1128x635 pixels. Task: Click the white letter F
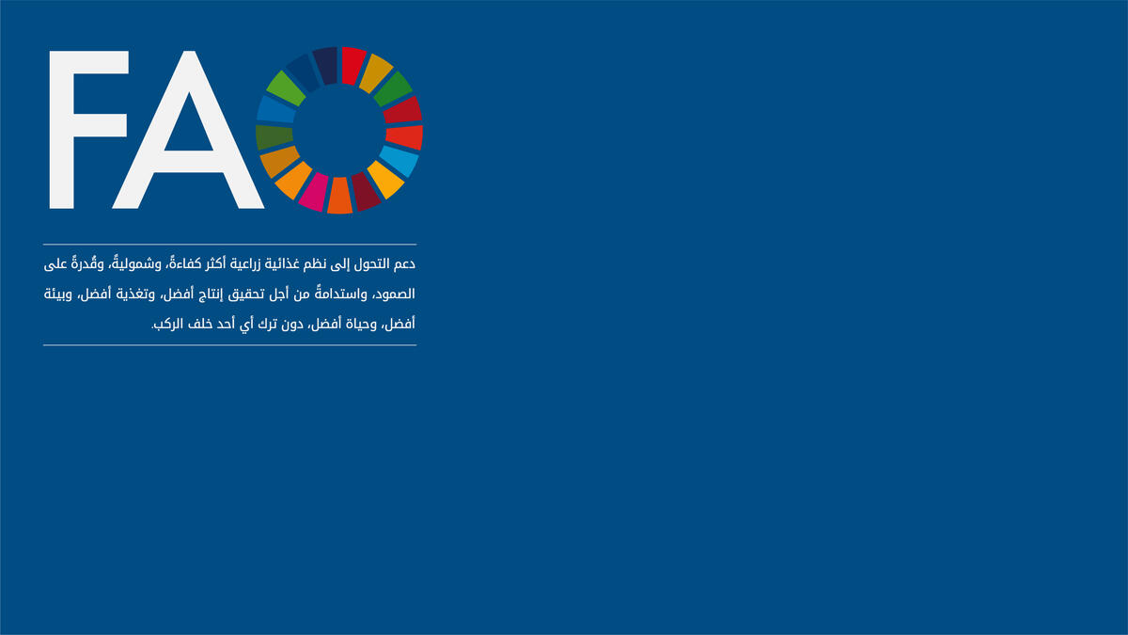[x=66, y=130]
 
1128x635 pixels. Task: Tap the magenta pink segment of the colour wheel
[x=314, y=192]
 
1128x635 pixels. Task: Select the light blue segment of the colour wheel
[x=399, y=161]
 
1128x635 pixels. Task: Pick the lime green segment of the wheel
[x=286, y=88]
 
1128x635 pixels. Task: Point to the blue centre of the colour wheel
[x=339, y=131]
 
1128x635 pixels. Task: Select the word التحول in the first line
[x=371, y=264]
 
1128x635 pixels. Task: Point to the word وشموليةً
[x=142, y=263]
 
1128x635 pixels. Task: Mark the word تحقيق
[x=247, y=294]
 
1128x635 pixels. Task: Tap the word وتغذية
[x=135, y=294]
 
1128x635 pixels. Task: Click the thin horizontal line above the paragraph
[x=230, y=245]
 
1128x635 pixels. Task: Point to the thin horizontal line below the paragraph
[x=230, y=345]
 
